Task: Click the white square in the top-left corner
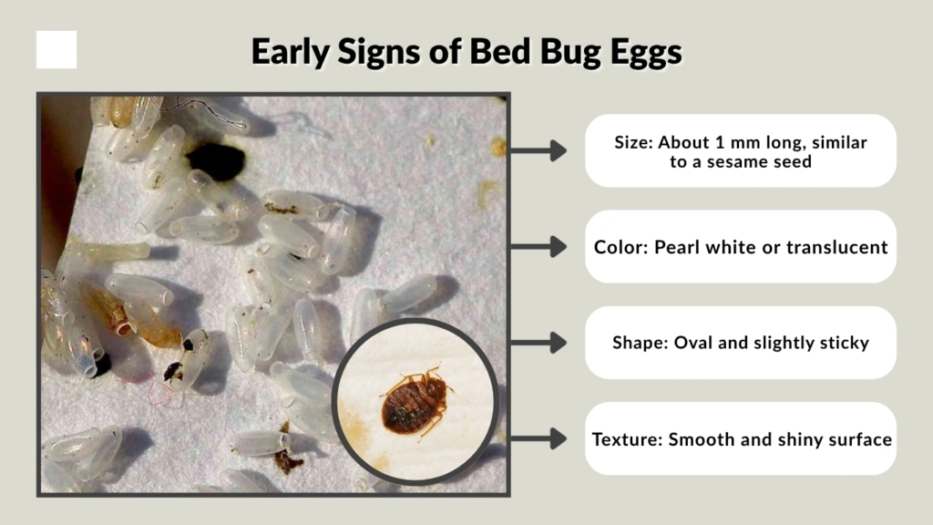click(56, 50)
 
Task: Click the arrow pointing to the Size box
click(545, 150)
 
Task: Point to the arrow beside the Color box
click(545, 246)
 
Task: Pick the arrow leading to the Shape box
click(545, 343)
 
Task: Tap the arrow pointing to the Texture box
click(545, 438)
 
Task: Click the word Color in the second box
click(617, 247)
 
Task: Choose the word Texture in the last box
click(627, 439)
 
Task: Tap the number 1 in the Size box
click(723, 142)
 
